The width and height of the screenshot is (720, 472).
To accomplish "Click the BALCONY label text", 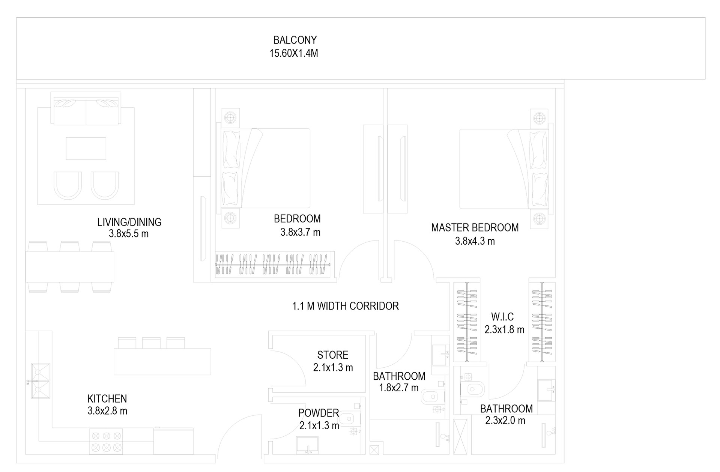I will (x=295, y=40).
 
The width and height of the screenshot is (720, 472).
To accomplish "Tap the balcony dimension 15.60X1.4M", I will (x=294, y=53).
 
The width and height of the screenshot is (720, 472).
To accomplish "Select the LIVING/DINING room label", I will (x=129, y=222).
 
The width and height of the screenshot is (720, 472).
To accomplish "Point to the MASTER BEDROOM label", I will (x=475, y=228).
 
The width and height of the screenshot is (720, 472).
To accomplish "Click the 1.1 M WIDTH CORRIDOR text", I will (x=345, y=306).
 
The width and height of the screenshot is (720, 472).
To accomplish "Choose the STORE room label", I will (x=333, y=355).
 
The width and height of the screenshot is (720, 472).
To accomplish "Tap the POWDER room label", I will (x=319, y=413).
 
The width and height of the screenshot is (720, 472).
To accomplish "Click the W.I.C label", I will (x=502, y=317).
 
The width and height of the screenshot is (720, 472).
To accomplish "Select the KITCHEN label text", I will (x=107, y=398).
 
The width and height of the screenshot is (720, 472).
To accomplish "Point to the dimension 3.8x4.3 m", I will (x=475, y=241).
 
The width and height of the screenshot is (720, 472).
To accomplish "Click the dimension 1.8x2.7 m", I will (x=398, y=388).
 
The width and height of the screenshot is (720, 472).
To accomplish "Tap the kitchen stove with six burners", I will (x=106, y=442).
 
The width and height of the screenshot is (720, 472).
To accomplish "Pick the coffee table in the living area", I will (x=86, y=149).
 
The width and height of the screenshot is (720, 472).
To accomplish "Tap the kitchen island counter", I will (x=162, y=362).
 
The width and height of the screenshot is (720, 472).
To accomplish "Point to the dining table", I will (x=70, y=267).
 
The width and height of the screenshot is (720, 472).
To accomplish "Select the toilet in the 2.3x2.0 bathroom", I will (x=474, y=389).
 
